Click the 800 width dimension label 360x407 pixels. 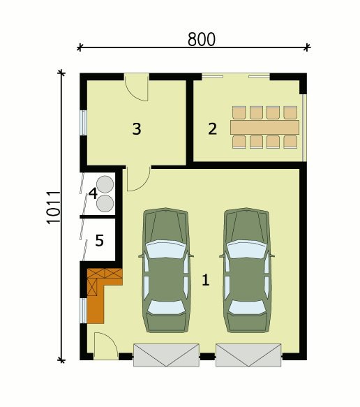click(x=202, y=40)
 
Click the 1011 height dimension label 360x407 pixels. click(x=54, y=207)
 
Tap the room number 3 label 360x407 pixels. click(x=137, y=128)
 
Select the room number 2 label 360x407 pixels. click(x=212, y=128)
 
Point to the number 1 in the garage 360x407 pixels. click(x=205, y=280)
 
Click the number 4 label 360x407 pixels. click(x=93, y=193)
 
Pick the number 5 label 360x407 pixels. click(x=99, y=241)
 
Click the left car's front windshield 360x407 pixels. click(x=166, y=249)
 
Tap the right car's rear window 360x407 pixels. click(x=247, y=306)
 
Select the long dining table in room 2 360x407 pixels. click(x=264, y=127)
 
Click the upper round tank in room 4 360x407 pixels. click(x=105, y=184)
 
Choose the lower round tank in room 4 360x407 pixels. click(x=105, y=203)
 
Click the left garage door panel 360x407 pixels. click(x=166, y=355)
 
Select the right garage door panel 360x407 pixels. click(x=248, y=355)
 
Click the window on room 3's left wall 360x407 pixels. click(x=83, y=123)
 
